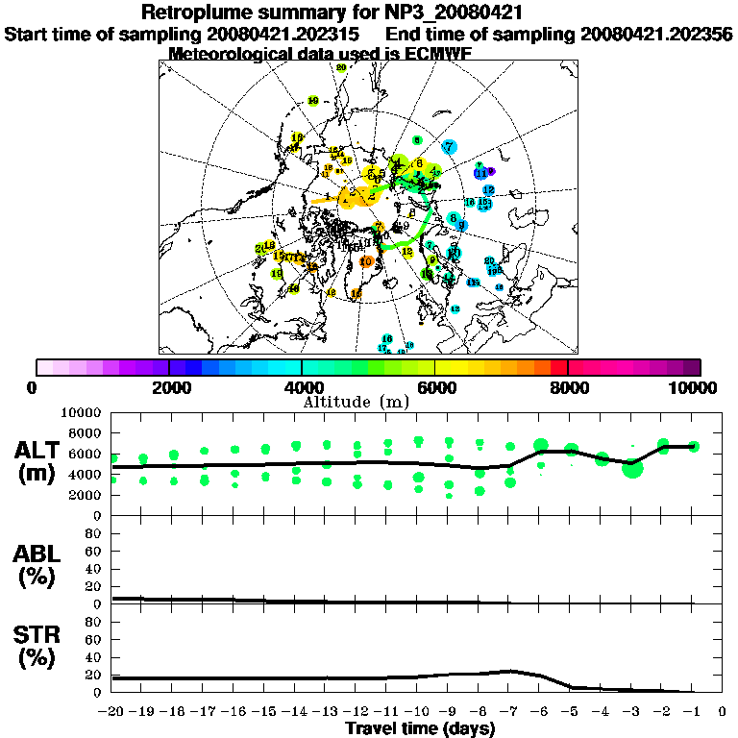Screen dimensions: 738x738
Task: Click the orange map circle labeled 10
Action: [365, 261]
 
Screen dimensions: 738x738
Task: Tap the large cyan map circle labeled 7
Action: [449, 147]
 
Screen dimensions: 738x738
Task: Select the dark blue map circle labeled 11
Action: [479, 173]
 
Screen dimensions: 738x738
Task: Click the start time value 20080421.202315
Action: [282, 34]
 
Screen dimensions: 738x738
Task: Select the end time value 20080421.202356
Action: [655, 34]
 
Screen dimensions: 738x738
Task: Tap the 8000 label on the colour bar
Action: [569, 388]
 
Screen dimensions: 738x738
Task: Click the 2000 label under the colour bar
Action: [170, 388]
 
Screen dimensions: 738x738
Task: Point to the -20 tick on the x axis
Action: [112, 712]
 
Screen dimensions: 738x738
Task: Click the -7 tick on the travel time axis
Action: [509, 712]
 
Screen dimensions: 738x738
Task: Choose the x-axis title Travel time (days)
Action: [420, 728]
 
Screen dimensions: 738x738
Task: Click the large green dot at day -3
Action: [631, 468]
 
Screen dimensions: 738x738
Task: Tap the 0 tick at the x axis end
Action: [723, 712]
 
